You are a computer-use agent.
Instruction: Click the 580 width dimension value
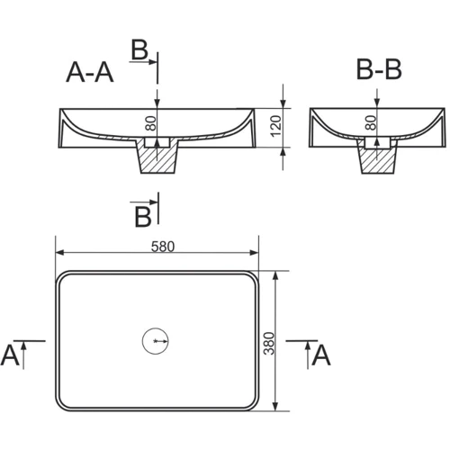163,247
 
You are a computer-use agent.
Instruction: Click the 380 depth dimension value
269,343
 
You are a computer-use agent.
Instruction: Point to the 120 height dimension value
276,126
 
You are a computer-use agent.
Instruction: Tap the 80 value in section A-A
151,123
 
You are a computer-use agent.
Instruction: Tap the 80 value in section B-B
371,122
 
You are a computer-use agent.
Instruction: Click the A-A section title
90,72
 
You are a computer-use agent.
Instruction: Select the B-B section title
379,69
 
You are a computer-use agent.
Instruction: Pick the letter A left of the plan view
10,355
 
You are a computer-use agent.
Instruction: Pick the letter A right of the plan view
321,355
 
